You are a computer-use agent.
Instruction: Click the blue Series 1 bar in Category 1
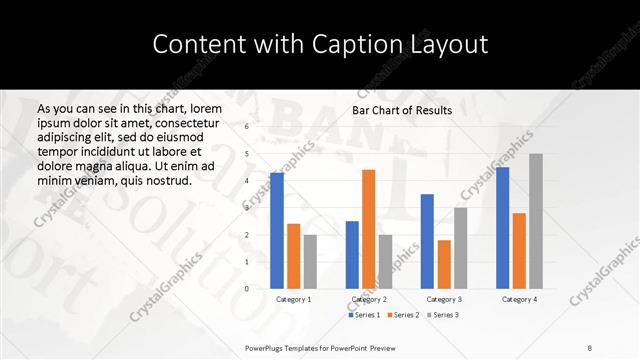pos(277,231)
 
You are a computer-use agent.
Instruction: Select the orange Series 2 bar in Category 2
pos(369,229)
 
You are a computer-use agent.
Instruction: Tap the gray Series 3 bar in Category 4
pos(536,221)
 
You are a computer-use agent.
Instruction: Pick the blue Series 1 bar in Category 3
pos(427,241)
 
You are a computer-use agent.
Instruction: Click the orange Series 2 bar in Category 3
pos(444,264)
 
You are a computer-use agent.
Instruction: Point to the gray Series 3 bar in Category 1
pos(310,262)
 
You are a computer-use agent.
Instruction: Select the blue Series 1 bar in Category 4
pos(502,228)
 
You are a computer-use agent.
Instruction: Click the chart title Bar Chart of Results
pos(402,110)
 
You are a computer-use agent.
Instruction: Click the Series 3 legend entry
pos(442,315)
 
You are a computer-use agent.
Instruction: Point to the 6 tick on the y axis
pos(246,127)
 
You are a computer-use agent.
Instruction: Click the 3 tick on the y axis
pos(246,208)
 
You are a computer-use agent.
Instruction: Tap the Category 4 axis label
pos(519,299)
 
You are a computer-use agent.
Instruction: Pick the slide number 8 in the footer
pos(590,346)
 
